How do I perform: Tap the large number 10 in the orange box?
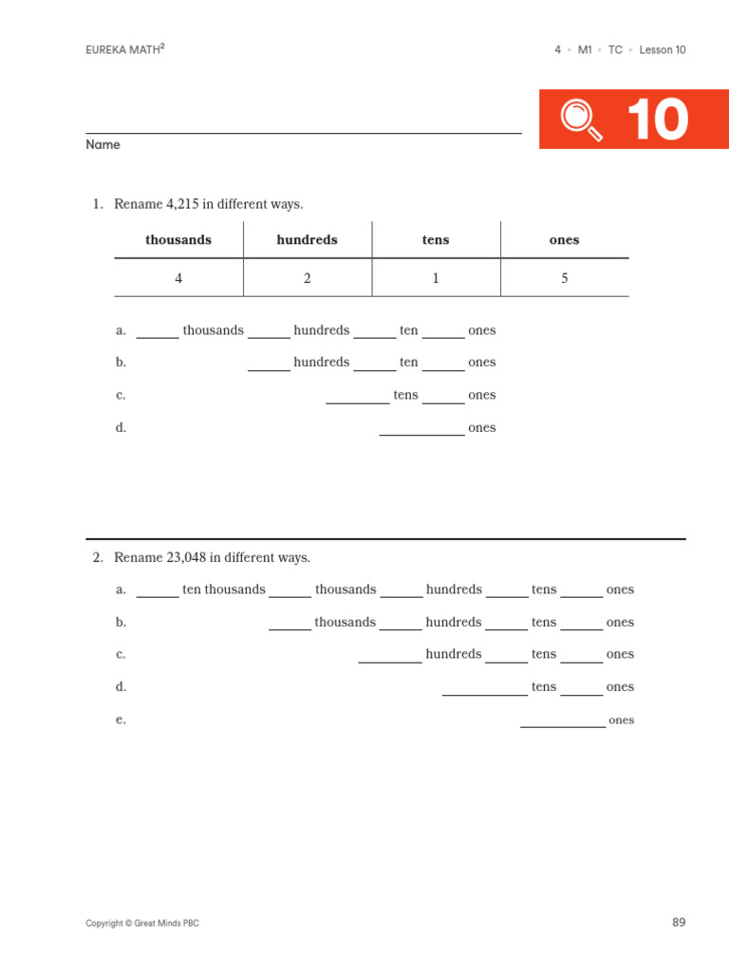657,121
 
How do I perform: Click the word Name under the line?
103,145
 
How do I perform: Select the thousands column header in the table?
178,240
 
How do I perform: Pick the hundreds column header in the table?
307,240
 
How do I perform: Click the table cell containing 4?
178,278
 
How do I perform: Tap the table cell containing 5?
565,278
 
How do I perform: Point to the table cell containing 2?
307,278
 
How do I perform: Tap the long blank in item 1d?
421,430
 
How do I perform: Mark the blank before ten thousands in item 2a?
158,592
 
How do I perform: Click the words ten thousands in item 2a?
224,589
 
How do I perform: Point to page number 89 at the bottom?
678,923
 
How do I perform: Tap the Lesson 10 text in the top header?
663,50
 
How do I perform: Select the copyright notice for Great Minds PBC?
142,924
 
